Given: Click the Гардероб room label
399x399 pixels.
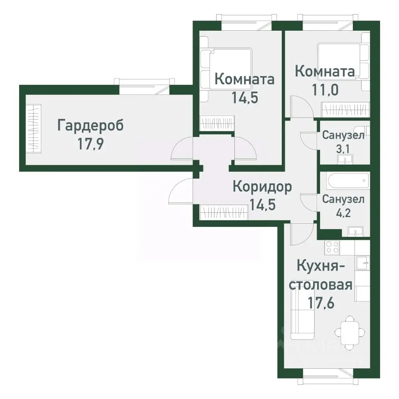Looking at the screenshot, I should click(x=90, y=126).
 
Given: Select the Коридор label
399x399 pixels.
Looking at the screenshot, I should click(x=262, y=187).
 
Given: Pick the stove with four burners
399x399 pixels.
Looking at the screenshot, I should click(x=332, y=248).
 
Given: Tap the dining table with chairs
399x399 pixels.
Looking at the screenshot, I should click(x=350, y=332).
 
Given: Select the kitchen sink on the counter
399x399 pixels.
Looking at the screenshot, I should click(x=362, y=261).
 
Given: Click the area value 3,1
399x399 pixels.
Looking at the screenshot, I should click(x=344, y=148).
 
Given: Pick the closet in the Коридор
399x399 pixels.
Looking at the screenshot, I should click(x=224, y=213).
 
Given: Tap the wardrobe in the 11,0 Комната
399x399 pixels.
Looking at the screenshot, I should click(x=345, y=111).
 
